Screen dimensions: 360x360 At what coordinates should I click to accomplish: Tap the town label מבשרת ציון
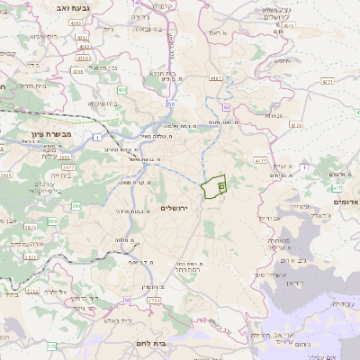tap(49, 134)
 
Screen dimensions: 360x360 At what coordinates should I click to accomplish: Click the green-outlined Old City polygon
tap(212, 188)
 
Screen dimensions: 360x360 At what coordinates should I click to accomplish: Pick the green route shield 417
tap(336, 189)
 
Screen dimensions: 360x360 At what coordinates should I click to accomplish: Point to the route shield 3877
tap(68, 166)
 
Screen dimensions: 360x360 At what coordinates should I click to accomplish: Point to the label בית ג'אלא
tap(143, 319)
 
